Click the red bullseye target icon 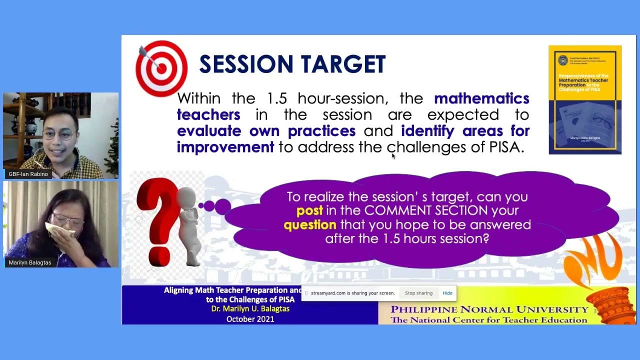[x=161, y=68]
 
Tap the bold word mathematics [x=481, y=98]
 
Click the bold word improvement [x=225, y=147]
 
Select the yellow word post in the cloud [x=309, y=211]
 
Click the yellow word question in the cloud [x=309, y=225]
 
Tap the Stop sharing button [x=418, y=293]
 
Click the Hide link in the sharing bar [x=447, y=293]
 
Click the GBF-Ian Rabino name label [x=28, y=174]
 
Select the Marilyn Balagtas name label [x=30, y=262]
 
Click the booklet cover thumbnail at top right [x=585, y=100]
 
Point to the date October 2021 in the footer [x=250, y=319]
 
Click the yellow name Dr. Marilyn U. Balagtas [x=250, y=309]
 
